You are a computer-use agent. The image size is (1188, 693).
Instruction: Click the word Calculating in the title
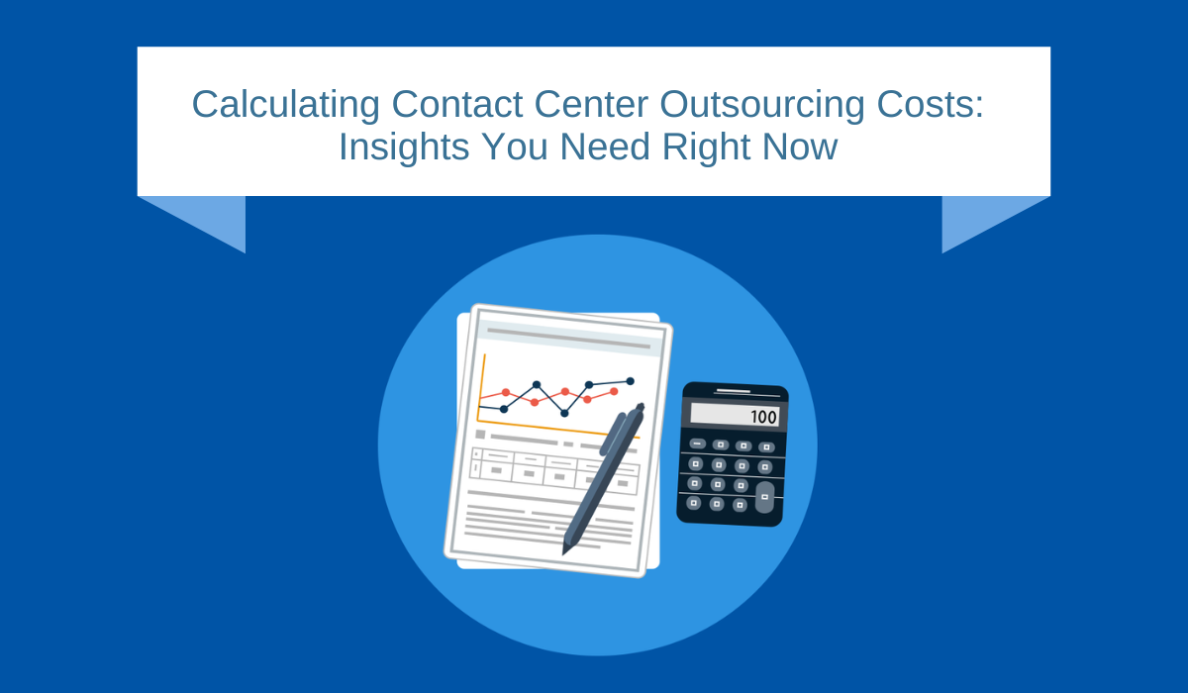(286, 105)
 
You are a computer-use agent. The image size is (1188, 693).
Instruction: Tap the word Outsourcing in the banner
(761, 105)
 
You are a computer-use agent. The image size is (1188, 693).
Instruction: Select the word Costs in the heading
(925, 104)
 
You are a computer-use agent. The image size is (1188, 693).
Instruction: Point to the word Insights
(404, 147)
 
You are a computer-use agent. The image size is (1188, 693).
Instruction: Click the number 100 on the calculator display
(763, 417)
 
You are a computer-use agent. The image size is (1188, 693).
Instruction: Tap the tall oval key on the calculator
(764, 497)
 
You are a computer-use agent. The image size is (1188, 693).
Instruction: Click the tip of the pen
(564, 553)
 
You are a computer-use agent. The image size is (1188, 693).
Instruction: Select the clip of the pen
(613, 434)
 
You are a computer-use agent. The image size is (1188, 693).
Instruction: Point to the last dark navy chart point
(630, 381)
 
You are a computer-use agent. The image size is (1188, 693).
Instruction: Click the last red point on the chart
(614, 391)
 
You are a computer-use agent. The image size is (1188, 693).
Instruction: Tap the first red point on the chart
(506, 392)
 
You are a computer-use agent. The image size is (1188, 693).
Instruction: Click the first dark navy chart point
(504, 409)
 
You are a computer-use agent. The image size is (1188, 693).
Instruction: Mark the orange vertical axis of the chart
(481, 388)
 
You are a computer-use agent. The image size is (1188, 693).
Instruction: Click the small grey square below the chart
(480, 435)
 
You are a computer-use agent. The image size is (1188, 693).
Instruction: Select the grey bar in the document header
(568, 339)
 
